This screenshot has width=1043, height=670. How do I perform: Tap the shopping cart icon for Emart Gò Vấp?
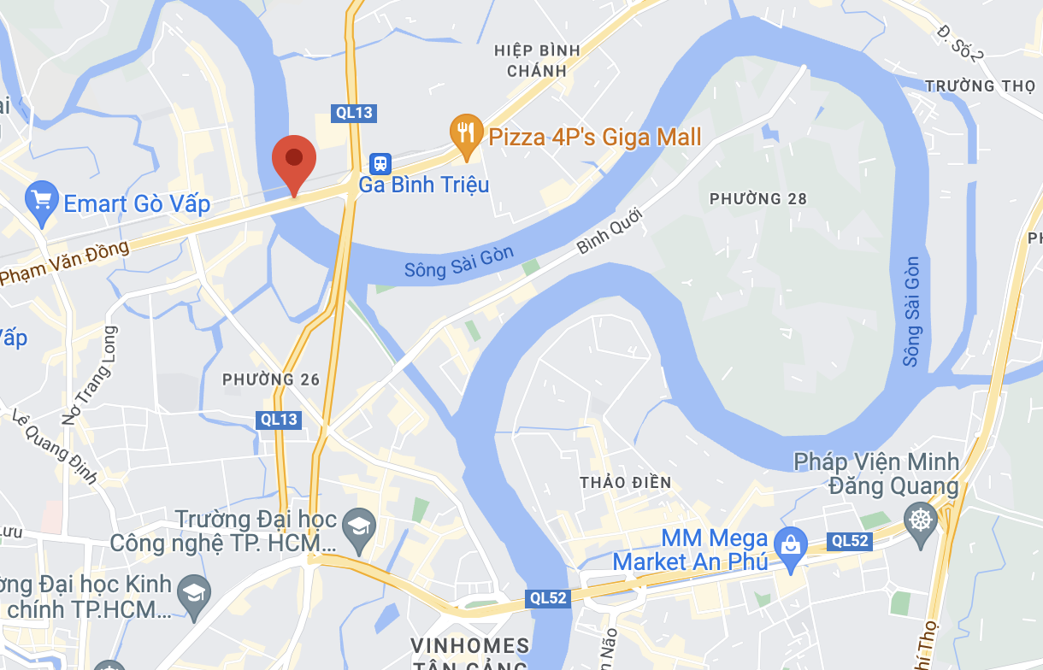coord(41,203)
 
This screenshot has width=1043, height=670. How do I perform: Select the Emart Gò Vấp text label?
coord(137,204)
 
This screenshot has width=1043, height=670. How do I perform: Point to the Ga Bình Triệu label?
coord(423,185)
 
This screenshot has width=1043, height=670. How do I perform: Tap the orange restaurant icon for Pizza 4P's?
coord(466,134)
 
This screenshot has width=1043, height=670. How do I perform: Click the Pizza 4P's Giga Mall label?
coord(594,137)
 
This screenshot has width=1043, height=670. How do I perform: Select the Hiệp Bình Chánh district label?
coord(537,61)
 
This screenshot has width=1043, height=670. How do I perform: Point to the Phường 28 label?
coord(757,198)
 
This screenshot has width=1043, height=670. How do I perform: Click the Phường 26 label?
coord(271,379)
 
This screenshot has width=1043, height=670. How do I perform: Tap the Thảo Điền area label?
coord(625,482)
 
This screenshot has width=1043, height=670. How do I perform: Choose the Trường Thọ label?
coord(972,85)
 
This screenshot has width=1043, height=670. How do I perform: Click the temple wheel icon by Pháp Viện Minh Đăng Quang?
coord(921,520)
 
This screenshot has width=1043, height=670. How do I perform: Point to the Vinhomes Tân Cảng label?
coord(469,654)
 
